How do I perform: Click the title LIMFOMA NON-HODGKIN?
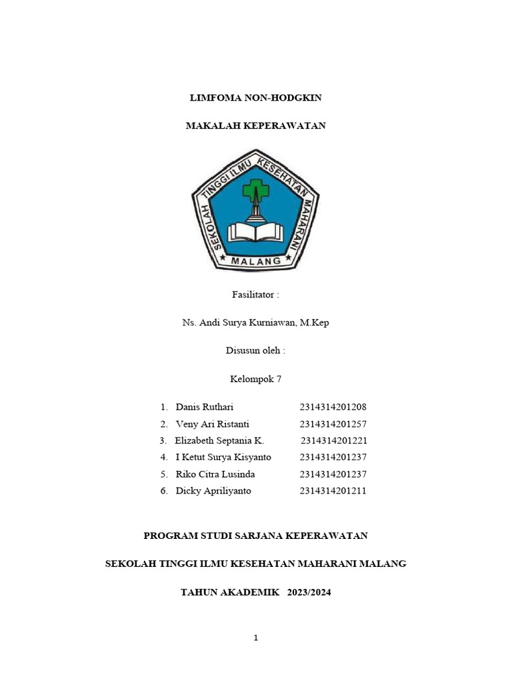255,98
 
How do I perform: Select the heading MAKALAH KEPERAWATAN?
255,125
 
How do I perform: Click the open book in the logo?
255,231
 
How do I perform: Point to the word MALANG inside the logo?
256,261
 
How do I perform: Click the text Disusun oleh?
255,351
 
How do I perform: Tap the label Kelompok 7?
255,379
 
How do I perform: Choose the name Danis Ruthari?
205,407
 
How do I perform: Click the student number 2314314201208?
333,407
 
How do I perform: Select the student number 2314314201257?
333,424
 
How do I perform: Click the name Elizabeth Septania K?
219,441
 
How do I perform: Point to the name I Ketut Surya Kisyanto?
223,458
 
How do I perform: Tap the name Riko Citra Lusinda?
215,474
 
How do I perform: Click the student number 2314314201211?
333,491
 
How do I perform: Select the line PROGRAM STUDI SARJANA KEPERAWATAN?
256,536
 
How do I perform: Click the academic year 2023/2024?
309,592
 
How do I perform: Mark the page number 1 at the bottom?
256,638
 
